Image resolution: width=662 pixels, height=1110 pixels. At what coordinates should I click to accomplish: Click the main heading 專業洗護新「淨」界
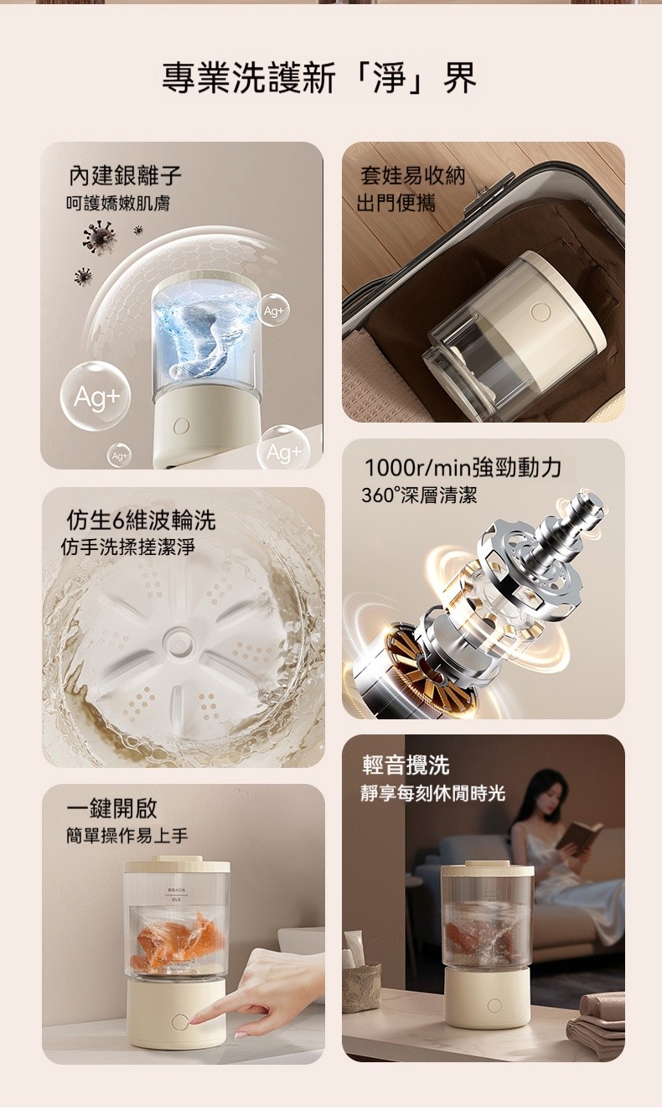pos(319,78)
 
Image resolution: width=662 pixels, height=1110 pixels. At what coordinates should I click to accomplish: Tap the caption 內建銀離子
pos(125,175)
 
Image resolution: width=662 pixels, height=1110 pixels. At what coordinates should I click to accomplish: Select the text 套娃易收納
pos(413,175)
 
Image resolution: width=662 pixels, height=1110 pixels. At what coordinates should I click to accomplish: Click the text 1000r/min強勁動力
pos(463,467)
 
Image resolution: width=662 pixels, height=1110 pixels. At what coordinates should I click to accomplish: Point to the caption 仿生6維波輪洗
pos(141,520)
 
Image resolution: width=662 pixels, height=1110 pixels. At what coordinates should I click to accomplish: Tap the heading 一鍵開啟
pos(112,808)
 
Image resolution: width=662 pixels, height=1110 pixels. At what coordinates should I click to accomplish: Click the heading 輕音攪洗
pos(406,765)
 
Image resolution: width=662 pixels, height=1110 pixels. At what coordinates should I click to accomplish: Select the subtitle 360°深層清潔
pos(419,495)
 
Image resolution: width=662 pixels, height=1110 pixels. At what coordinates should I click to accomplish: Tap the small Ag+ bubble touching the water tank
pos(274,310)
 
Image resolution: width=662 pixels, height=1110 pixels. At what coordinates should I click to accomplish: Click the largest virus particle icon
pos(100,237)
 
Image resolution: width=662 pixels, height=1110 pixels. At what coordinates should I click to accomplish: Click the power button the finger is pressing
pos(179,1022)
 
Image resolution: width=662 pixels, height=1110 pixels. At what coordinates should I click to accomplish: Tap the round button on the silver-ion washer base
pos(181,425)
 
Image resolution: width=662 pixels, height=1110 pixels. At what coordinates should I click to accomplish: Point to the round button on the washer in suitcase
pos(540,312)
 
